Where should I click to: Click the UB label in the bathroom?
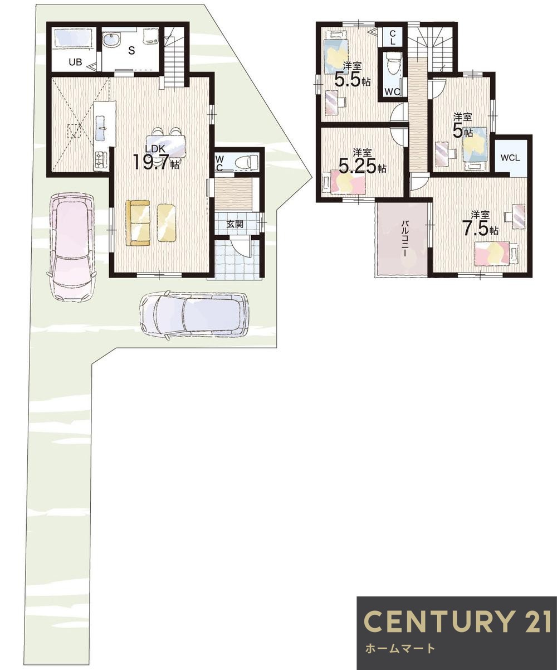click(x=75, y=62)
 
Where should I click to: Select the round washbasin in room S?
click(x=111, y=41)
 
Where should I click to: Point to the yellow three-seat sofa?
click(x=138, y=223)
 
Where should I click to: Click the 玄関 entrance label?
click(x=234, y=224)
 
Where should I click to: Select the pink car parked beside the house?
click(x=72, y=247)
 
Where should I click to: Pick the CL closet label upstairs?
click(x=393, y=37)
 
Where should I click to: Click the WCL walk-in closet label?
click(x=511, y=158)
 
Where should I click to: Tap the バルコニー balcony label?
click(x=404, y=239)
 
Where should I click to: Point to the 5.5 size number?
click(x=348, y=80)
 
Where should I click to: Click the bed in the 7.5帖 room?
click(x=496, y=253)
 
